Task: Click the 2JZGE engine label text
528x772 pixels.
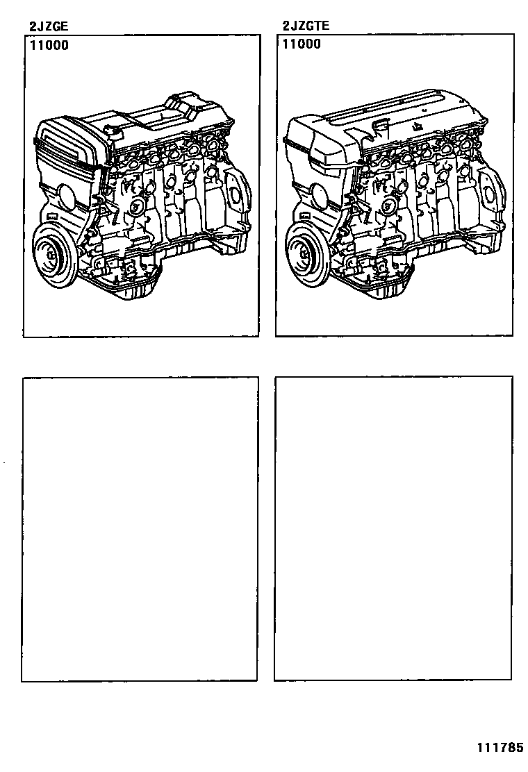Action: [x=48, y=26]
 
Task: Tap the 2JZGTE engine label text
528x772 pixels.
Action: [x=306, y=25]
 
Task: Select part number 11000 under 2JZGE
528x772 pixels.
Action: [x=49, y=46]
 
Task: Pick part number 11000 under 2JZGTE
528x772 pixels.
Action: [x=302, y=44]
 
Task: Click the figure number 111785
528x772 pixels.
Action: [x=500, y=748]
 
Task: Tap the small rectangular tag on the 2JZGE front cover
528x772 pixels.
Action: [x=51, y=216]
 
